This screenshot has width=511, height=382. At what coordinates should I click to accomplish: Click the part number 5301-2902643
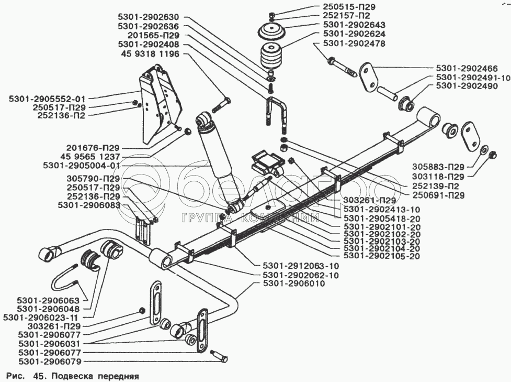click(354, 25)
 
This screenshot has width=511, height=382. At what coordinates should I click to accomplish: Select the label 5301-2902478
click(354, 43)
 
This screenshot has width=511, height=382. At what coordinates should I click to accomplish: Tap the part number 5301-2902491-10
click(472, 77)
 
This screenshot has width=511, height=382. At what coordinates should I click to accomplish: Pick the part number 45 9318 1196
click(150, 53)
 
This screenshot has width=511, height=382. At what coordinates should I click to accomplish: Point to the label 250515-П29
click(350, 7)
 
